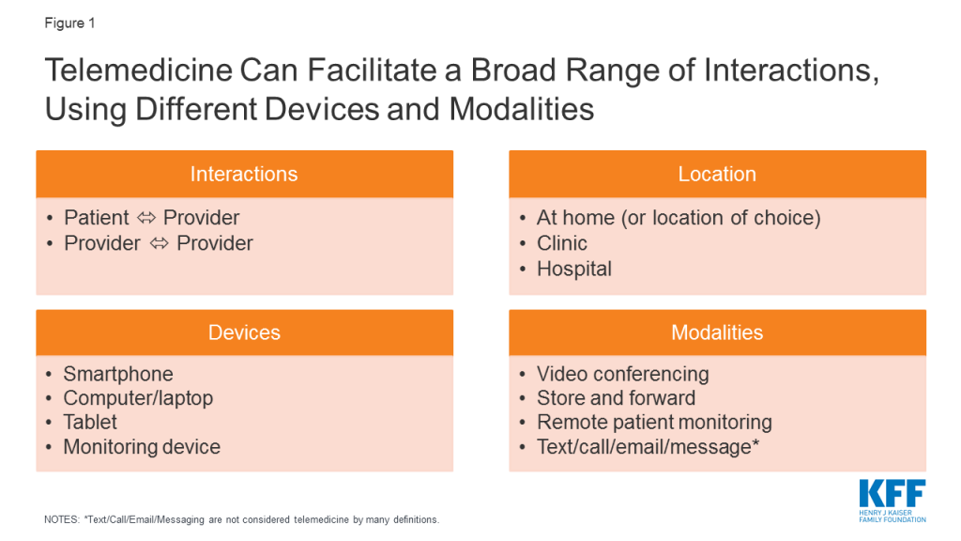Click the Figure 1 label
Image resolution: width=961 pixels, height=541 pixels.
click(x=69, y=23)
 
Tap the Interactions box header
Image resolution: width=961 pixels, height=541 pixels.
click(x=245, y=174)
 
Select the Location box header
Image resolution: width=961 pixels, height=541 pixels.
click(x=717, y=174)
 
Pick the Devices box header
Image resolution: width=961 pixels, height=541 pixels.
click(x=245, y=332)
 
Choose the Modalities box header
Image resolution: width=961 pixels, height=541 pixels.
click(x=717, y=332)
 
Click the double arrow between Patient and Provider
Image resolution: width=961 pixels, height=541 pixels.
click(x=146, y=218)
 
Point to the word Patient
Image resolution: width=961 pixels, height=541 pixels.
click(x=97, y=218)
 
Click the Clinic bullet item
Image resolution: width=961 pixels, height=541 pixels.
click(x=562, y=243)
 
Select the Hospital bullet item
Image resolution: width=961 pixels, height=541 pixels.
click(x=574, y=270)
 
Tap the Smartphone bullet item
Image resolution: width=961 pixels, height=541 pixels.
click(x=118, y=374)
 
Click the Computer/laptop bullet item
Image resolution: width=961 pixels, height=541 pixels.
click(x=138, y=398)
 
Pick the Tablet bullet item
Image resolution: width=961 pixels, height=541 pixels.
click(x=90, y=422)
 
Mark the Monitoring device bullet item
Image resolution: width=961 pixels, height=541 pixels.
click(x=142, y=447)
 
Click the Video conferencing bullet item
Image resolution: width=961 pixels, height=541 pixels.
click(x=623, y=374)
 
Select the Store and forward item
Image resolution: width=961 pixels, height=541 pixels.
click(x=616, y=398)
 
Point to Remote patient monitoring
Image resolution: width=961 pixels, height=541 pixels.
click(x=654, y=423)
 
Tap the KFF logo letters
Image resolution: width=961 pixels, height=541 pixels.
click(x=892, y=493)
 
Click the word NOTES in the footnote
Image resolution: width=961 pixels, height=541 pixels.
click(x=61, y=519)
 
